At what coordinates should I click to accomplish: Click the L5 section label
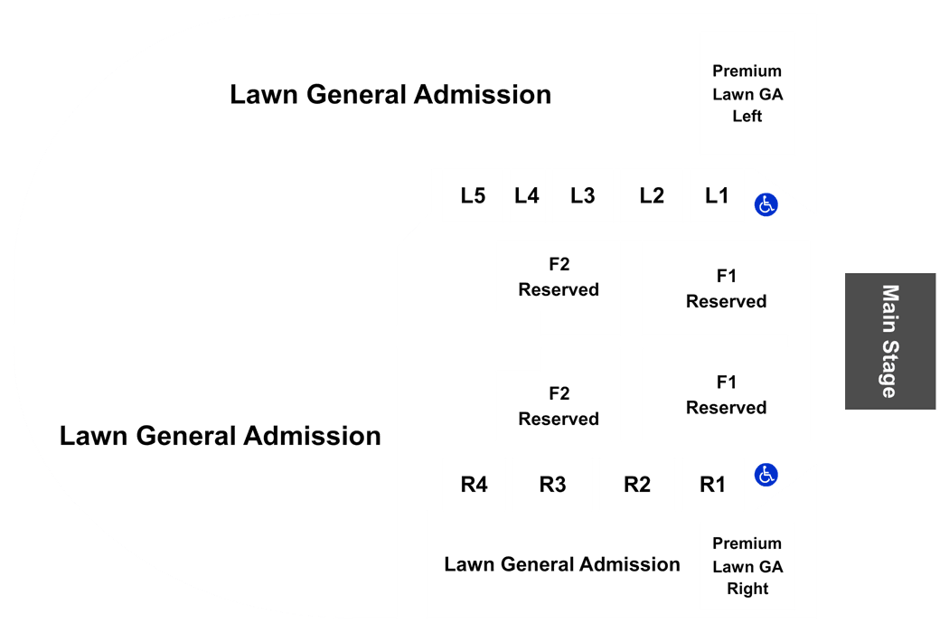coord(473,195)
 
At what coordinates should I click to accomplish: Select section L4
coord(527,195)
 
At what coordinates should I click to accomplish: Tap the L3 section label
coord(583,195)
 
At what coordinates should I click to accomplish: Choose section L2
coord(652,195)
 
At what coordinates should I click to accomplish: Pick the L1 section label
coord(717,195)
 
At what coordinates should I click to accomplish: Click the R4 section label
coord(474,485)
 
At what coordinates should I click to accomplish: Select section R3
coord(552,485)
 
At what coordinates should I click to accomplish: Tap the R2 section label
coord(637,485)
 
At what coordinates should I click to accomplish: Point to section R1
coord(712,485)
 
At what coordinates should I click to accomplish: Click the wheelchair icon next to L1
coord(766,204)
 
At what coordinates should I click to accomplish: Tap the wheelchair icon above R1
coord(766,475)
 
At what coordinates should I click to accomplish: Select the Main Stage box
coord(890,341)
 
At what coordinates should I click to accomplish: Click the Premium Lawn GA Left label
coord(747,93)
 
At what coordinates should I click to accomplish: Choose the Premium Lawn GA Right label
coord(747,566)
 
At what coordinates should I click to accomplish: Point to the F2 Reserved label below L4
coord(559,277)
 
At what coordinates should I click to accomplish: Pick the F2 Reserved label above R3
coord(559,406)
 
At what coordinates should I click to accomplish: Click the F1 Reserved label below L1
coord(727,288)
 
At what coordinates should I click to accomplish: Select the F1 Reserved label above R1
coord(727,394)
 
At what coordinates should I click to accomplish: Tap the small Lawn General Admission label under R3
coord(562,564)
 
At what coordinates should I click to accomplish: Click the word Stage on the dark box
coord(889,368)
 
